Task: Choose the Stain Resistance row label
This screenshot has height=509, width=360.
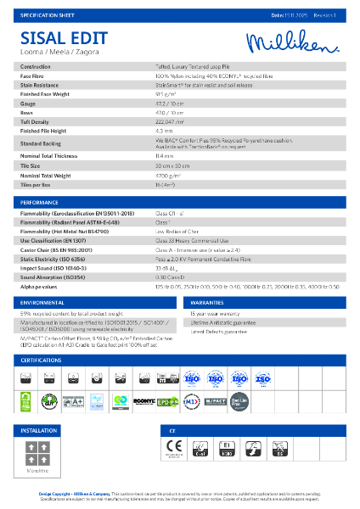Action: [x=42, y=85]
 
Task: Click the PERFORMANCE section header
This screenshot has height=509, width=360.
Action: [x=41, y=204]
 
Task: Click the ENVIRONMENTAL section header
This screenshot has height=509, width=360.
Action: [x=42, y=302]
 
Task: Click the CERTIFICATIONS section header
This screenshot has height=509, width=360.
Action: [x=44, y=361]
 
